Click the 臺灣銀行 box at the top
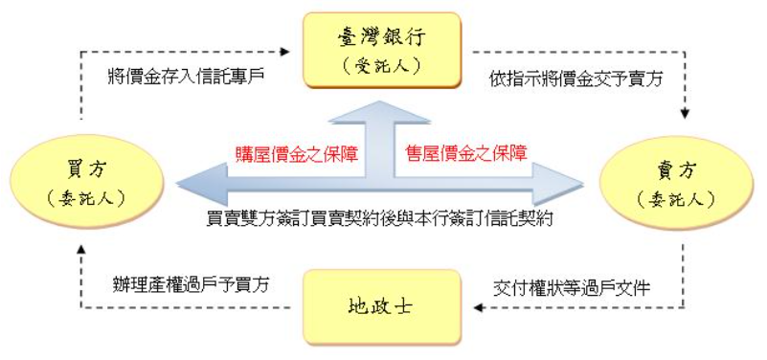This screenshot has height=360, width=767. coord(382,50)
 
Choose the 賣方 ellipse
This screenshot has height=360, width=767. coord(681,182)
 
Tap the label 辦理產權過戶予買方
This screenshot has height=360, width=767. coord(188,284)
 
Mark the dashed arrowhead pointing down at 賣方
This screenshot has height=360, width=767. coord(684,114)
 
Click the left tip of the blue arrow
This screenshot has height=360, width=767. coord(179,181)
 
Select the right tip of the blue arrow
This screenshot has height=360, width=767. coord(581,181)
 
